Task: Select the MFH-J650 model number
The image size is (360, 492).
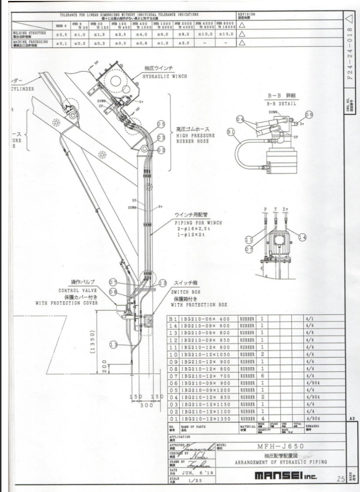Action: click(286, 446)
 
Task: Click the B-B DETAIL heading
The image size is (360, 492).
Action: click(282, 104)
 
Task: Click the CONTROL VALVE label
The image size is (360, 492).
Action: click(77, 291)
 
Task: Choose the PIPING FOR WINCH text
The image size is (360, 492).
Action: click(198, 223)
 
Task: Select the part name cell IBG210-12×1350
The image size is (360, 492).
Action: click(207, 418)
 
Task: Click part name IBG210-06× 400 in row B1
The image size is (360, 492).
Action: click(207, 319)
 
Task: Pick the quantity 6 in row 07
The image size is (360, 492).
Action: click(262, 375)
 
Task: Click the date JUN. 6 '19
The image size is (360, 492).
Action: click(195, 471)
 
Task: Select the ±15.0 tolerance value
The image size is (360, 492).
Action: click(226, 35)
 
